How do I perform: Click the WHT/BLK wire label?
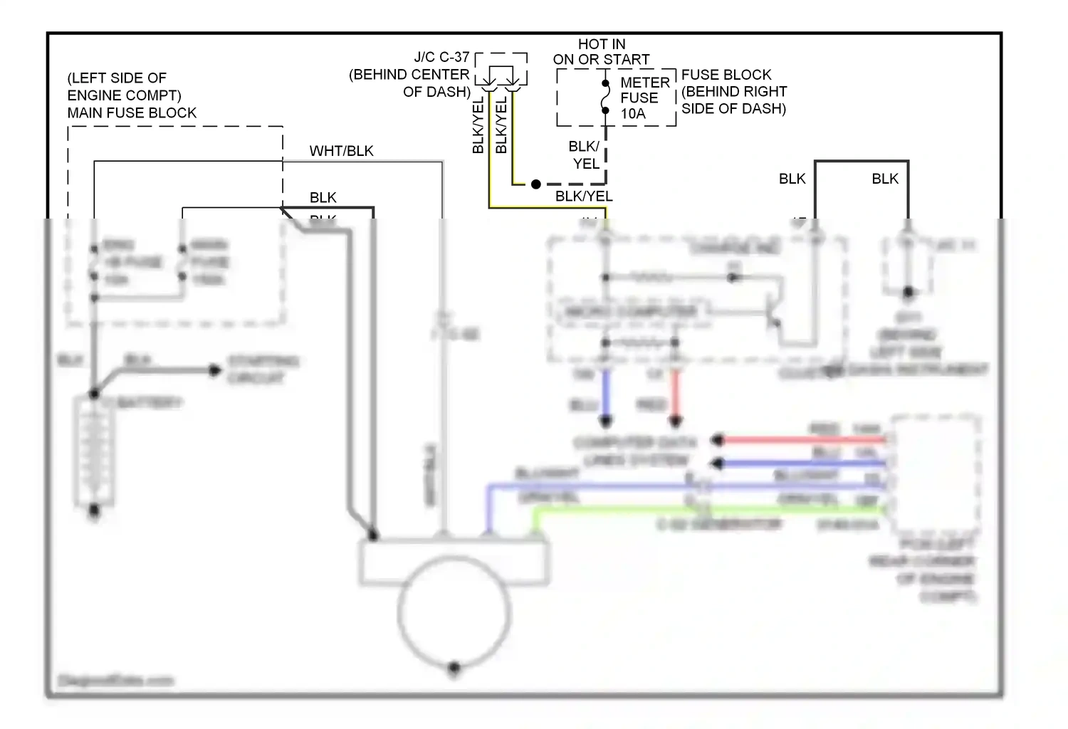(341, 151)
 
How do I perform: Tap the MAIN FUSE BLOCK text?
(132, 112)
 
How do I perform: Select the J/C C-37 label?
(441, 57)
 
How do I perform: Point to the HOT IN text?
(602, 44)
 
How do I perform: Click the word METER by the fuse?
(645, 83)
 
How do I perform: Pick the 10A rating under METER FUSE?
(633, 114)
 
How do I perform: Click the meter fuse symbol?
(605, 97)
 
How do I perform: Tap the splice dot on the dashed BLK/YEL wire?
(536, 184)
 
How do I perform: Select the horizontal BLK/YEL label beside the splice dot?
(584, 196)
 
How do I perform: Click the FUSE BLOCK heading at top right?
(726, 75)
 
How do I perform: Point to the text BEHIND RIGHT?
(734, 92)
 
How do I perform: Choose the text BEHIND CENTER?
(409, 75)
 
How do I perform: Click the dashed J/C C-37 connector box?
(501, 69)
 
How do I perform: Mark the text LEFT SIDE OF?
(117, 78)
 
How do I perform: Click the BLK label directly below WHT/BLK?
(323, 197)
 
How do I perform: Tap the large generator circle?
(454, 612)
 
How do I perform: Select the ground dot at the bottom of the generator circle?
(454, 668)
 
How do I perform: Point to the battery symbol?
(94, 452)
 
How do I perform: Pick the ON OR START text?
(602, 60)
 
